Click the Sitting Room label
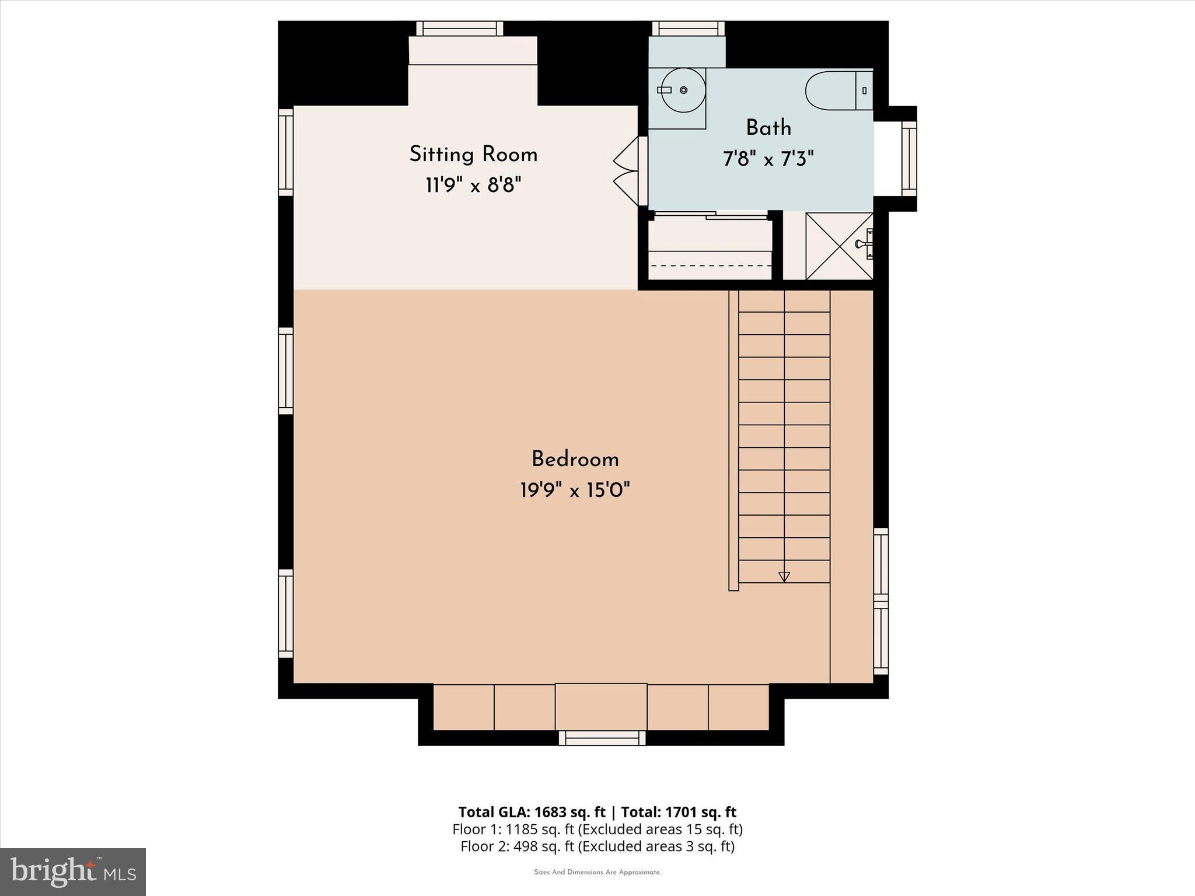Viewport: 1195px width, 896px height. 473,155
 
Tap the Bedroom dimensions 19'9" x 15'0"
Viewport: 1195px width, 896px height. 575,491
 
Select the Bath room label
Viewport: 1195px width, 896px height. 768,128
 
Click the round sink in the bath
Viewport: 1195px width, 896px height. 683,90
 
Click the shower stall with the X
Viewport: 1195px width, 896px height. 839,246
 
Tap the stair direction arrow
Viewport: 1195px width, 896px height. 784,576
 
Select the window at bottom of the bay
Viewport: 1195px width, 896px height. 602,738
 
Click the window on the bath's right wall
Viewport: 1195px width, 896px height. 909,159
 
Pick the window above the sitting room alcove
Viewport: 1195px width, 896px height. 460,29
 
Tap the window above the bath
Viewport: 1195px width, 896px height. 688,29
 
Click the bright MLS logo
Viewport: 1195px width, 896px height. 73,872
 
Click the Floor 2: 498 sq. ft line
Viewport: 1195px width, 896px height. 597,846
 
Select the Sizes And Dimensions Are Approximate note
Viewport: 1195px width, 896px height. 597,873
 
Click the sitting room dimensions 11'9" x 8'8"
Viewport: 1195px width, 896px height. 473,185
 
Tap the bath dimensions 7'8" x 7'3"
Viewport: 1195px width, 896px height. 768,159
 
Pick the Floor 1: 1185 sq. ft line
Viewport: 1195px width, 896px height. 597,829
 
